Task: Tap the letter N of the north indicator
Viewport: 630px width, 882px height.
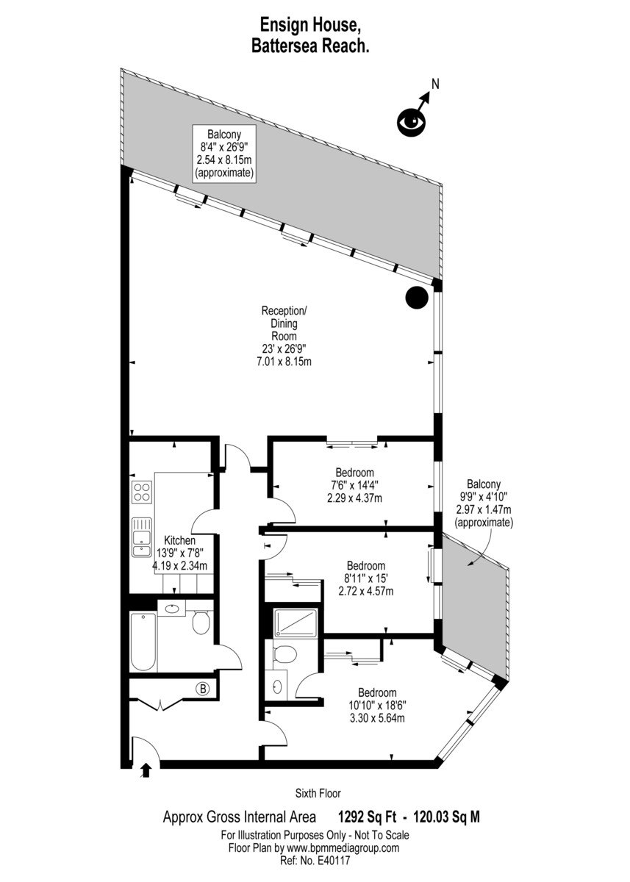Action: [x=434, y=84]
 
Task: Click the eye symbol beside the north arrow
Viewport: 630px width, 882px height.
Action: [x=411, y=121]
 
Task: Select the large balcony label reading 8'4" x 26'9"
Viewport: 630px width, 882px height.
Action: [x=223, y=154]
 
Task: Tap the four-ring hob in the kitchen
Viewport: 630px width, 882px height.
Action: [x=142, y=492]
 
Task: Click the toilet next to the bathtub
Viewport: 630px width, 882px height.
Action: [x=201, y=623]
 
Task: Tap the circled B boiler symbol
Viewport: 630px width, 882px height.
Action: [x=202, y=689]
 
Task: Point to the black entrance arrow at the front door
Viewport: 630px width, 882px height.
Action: [x=146, y=769]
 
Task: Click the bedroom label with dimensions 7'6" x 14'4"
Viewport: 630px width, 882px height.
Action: [x=354, y=485]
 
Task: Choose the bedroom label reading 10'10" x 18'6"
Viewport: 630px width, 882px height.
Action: [x=377, y=705]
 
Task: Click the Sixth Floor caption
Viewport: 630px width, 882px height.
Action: [x=318, y=793]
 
